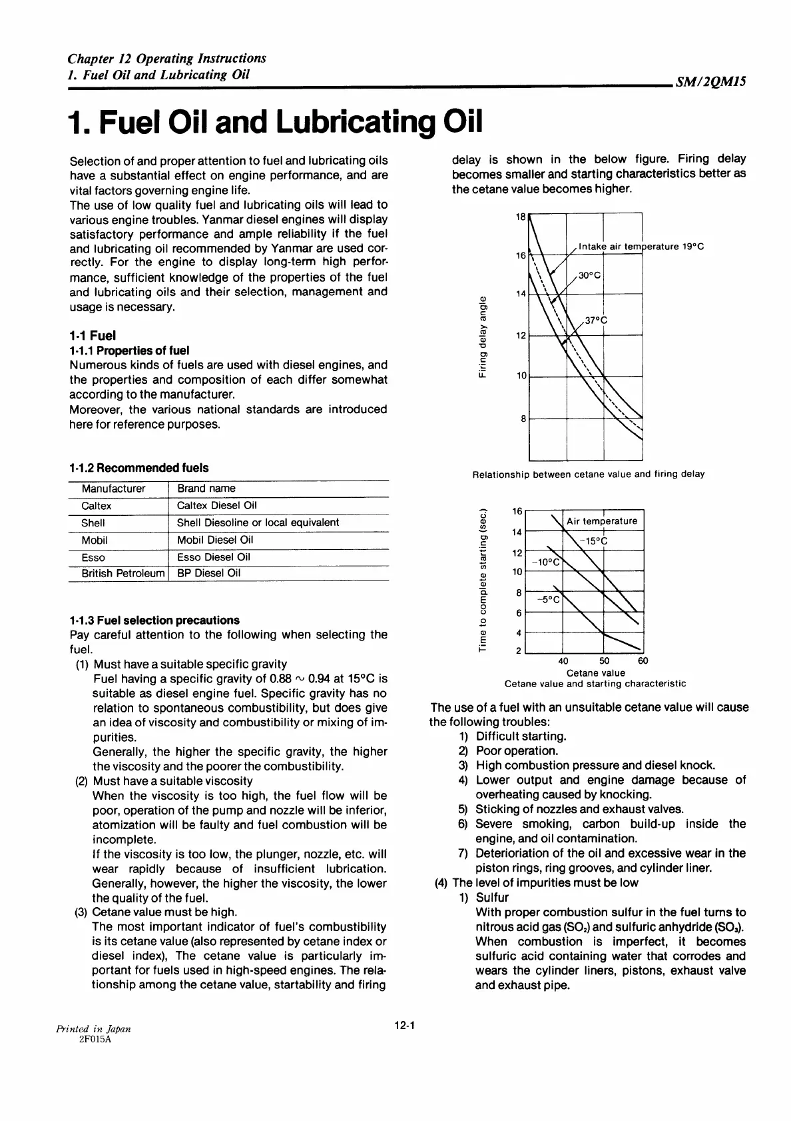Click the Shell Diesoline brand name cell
coord(258,523)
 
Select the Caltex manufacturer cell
coord(97,506)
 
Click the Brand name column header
coord(206,489)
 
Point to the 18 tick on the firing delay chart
coord(521,217)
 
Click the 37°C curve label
coord(596,320)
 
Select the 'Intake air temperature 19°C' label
coord(641,247)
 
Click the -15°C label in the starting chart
coord(594,541)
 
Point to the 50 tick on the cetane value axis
coord(604,661)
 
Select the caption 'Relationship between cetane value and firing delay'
coord(588,475)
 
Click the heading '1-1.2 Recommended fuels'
coord(139,468)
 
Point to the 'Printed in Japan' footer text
coord(94,1028)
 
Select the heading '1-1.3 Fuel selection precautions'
coord(154,620)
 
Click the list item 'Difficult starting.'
coord(521,736)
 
